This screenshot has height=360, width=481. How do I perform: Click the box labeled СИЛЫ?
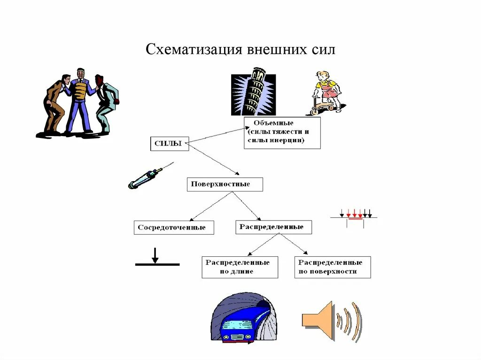[170, 144]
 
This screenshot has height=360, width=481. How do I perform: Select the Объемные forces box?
[282, 133]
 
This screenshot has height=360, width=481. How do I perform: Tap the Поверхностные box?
[225, 184]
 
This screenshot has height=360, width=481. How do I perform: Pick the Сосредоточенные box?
[173, 228]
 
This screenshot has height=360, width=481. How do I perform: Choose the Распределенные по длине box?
[240, 267]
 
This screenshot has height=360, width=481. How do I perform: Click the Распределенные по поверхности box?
[332, 267]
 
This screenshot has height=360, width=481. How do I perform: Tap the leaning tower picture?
[253, 92]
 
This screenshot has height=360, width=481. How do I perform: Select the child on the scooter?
[325, 92]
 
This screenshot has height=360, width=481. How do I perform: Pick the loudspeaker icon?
[332, 321]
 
